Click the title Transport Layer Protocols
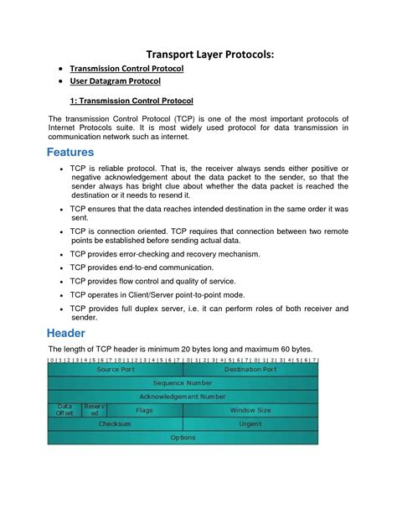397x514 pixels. (198, 54)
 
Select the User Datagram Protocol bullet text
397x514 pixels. (115, 82)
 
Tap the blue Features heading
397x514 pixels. (59, 153)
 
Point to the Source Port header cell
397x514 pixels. (116, 369)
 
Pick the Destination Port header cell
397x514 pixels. (250, 369)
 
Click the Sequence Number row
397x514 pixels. (183, 382)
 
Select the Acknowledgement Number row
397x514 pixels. (183, 396)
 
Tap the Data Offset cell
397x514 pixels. (64, 410)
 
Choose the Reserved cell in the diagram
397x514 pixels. (95, 410)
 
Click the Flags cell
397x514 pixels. (144, 410)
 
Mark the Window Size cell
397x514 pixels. (250, 410)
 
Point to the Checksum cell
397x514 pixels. (116, 424)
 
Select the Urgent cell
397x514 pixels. (250, 424)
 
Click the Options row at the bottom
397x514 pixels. (183, 438)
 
